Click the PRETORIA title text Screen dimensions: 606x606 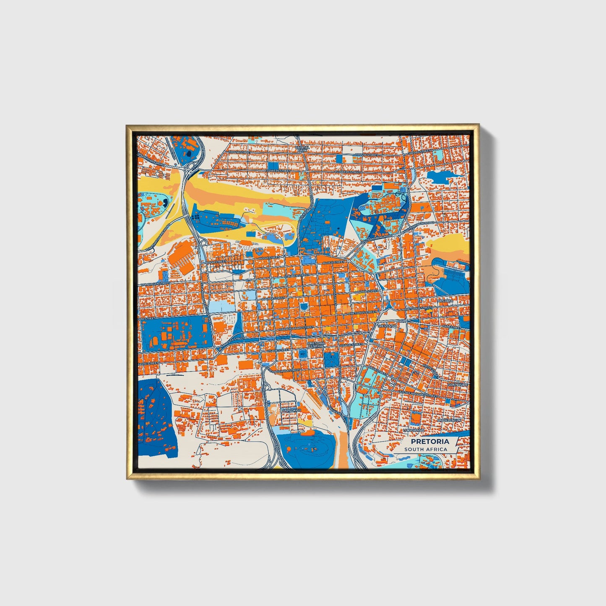[x=429, y=441]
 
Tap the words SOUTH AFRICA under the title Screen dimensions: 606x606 [x=426, y=449]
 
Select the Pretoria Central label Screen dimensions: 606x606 [x=316, y=344]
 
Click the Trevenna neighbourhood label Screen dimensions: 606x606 [x=387, y=326]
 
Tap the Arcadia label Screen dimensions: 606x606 [x=445, y=301]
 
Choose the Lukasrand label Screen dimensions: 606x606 [x=414, y=430]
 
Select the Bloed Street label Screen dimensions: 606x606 [x=333, y=262]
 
